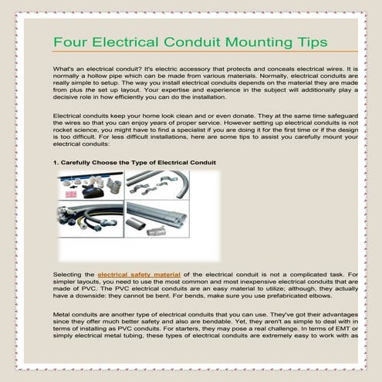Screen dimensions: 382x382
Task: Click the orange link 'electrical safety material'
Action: point(139,274)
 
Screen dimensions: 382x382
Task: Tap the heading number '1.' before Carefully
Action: point(55,162)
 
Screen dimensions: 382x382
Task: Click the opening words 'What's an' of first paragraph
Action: point(66,69)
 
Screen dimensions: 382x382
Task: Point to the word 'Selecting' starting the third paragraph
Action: point(69,274)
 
